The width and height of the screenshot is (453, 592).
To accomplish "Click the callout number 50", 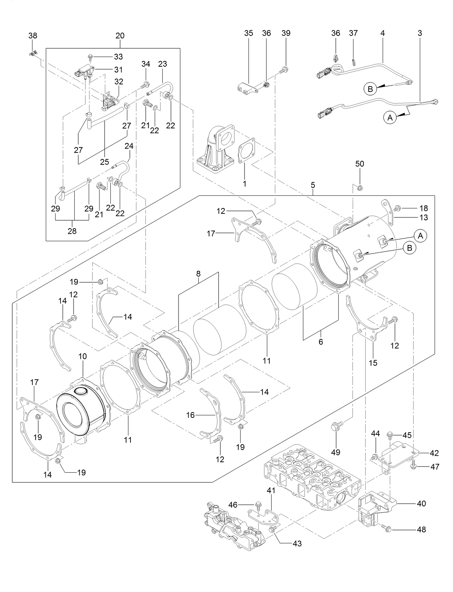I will tap(360, 164).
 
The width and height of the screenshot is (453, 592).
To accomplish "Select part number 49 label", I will tap(336, 452).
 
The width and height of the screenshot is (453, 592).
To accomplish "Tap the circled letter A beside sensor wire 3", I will tap(389, 117).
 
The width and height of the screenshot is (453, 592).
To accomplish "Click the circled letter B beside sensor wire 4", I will tap(370, 88).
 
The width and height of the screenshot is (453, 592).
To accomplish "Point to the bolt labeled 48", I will tap(386, 528).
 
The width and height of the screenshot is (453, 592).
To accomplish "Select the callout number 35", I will tap(249, 33).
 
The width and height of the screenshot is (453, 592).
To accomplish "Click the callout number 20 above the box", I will tap(120, 36).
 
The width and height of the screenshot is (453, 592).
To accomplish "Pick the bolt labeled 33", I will tap(90, 57).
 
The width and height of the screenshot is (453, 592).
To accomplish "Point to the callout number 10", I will tap(83, 356).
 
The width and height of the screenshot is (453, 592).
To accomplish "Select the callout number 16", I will tap(190, 415).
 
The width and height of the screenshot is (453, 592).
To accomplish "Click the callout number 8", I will tap(198, 274).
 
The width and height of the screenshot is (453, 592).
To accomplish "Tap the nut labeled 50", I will tap(360, 187).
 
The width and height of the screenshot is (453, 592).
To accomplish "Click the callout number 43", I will tap(298, 543).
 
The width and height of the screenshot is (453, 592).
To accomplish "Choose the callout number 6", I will tap(321, 342).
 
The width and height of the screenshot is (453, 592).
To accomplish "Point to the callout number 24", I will tap(129, 146).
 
